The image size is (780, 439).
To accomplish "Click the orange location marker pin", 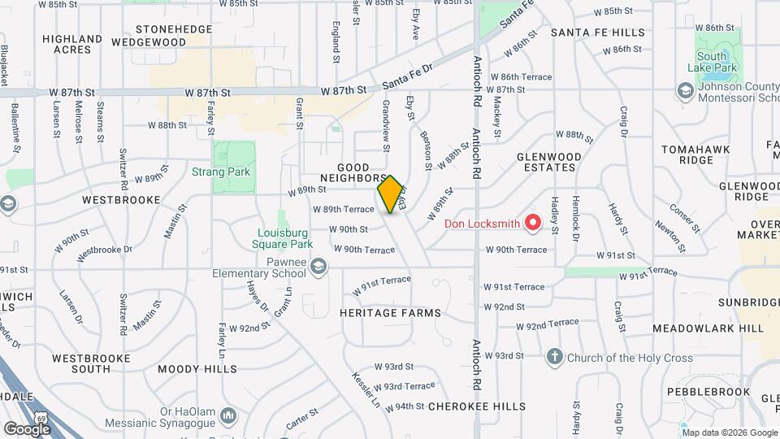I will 391,194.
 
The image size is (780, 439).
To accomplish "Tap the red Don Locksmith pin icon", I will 533,221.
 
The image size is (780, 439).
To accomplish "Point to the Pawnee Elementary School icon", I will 319,266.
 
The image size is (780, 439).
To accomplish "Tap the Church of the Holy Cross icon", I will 554,356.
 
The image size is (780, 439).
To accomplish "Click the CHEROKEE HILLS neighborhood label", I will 476,406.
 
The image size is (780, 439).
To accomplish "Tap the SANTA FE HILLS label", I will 597,33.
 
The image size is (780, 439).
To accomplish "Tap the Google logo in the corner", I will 27,428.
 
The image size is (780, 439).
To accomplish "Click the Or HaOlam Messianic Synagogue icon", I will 229,415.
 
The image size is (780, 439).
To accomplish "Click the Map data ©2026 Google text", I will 728,432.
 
